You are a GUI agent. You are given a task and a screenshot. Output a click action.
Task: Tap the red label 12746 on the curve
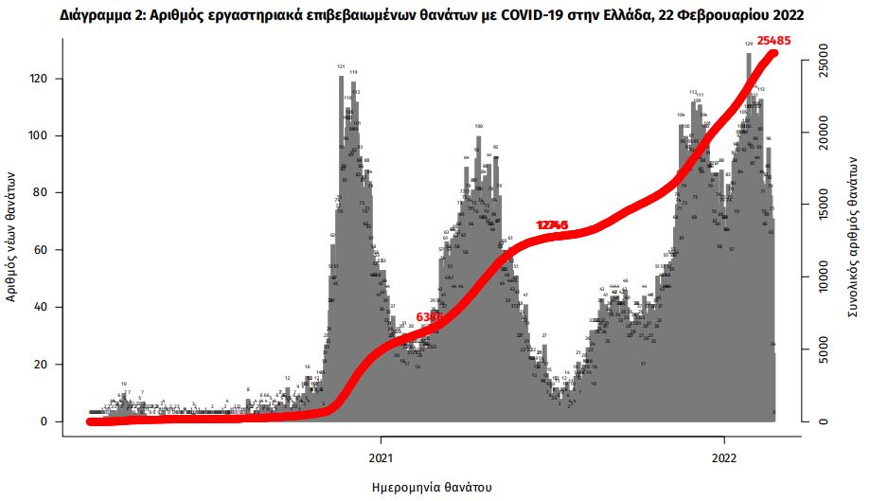552,225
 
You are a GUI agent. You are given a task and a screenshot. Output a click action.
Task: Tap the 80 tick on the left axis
44,193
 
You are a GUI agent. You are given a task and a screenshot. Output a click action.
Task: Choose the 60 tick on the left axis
44,251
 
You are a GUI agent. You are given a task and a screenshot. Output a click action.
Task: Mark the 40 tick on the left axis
44,308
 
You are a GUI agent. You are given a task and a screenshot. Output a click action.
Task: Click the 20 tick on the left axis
44,365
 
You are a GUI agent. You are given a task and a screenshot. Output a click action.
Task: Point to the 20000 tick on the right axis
824,133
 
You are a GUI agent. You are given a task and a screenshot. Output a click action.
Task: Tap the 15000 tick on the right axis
824,205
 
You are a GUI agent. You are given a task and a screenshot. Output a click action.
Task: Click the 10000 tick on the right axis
824,277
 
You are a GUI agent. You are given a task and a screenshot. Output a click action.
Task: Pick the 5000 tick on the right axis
824,349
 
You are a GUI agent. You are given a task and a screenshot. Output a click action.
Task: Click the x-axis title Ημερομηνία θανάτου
433,487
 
